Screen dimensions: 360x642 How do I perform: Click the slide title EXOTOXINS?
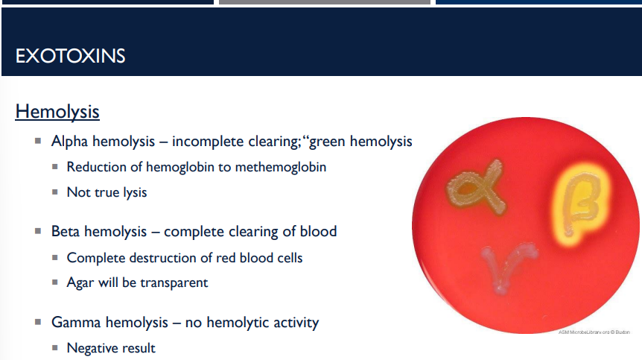tap(70, 56)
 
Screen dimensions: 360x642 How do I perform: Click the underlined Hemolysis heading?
tap(57, 112)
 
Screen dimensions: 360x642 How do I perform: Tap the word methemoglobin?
tap(281, 167)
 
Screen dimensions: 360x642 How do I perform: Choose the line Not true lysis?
tap(107, 192)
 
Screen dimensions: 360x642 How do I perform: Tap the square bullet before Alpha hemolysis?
tap(37, 141)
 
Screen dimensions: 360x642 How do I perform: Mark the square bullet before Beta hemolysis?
tap(37, 232)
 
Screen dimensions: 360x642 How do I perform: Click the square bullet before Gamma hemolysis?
tap(37, 323)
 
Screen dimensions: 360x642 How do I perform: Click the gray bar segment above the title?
tap(324, 2)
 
